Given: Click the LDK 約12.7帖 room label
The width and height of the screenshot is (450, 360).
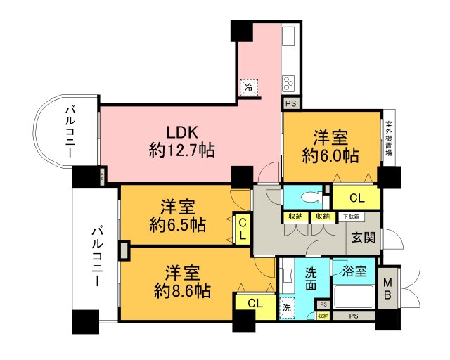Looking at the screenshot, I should [x=182, y=140].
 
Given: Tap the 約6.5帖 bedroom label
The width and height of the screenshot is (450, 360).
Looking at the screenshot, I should [x=176, y=216].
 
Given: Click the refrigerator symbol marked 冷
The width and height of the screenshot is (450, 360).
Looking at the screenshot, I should [x=249, y=88].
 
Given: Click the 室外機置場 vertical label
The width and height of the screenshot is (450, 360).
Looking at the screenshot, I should [x=388, y=144].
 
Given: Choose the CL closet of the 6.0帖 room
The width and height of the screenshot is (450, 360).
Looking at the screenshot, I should [x=356, y=198].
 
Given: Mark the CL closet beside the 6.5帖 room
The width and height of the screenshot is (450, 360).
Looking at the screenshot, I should [x=242, y=229].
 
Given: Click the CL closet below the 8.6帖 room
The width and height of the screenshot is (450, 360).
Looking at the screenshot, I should [x=255, y=303].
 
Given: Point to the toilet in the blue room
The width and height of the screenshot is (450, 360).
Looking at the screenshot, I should [x=311, y=196].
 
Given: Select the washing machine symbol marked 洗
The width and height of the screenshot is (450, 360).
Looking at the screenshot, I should [x=288, y=307].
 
